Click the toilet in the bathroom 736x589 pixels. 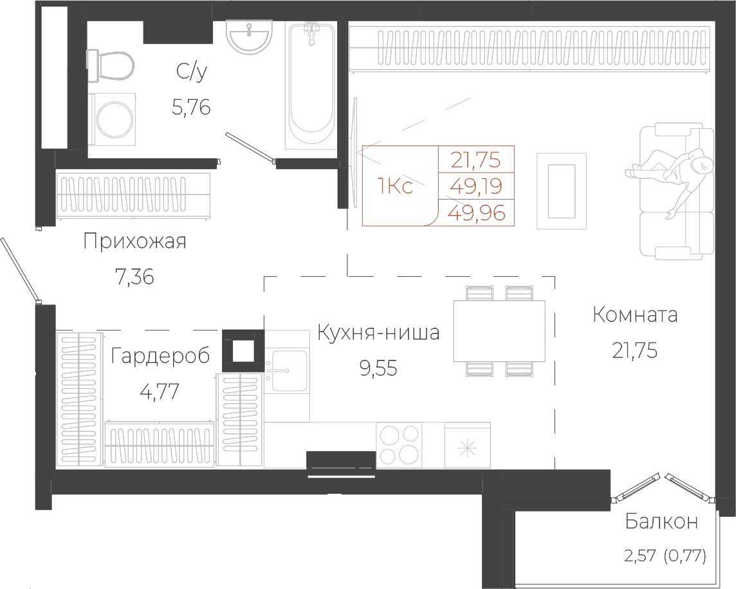(x=110, y=66)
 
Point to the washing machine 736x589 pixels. (x=113, y=119)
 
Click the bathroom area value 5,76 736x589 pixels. (x=191, y=108)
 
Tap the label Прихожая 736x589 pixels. (x=134, y=241)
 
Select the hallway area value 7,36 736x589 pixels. (x=134, y=277)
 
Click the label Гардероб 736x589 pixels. (x=160, y=356)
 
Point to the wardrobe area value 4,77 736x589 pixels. (x=160, y=391)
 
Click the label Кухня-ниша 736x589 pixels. (x=378, y=333)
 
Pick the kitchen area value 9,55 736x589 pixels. (x=378, y=368)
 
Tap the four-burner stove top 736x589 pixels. (x=399, y=445)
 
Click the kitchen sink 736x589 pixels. (x=286, y=371)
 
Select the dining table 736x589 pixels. (x=499, y=331)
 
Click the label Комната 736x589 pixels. (x=635, y=315)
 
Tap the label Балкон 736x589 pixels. (x=661, y=521)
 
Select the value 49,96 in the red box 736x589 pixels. (x=477, y=213)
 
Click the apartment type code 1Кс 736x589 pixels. (x=395, y=187)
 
